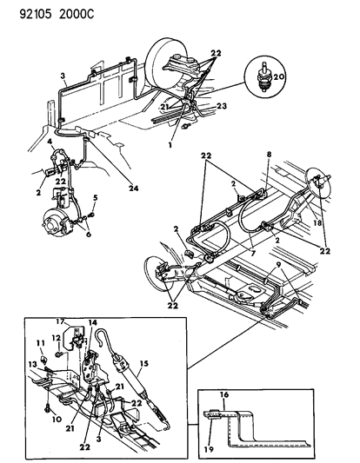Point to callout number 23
click(x=222, y=107)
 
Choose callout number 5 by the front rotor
click(x=96, y=197)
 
